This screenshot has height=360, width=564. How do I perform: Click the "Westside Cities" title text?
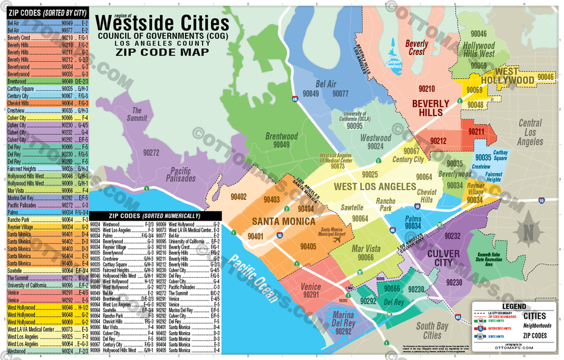click(162, 23)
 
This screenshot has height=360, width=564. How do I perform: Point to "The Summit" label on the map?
click(137, 114)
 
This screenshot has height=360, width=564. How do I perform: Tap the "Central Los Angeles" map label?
click(530, 133)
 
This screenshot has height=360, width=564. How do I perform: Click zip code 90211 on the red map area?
click(476, 132)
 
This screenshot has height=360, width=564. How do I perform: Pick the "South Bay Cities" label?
click(432, 331)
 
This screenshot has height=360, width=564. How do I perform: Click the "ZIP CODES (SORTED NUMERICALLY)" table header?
click(155, 216)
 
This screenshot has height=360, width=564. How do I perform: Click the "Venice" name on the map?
click(311, 287)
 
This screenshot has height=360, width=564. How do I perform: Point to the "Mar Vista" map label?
click(365, 249)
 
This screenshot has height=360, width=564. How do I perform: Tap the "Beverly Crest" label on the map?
click(417, 47)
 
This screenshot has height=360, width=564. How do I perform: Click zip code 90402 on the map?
click(238, 197)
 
